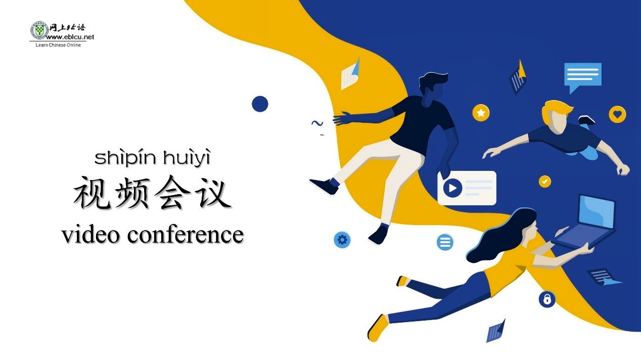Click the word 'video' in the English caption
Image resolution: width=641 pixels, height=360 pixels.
coord(90,235)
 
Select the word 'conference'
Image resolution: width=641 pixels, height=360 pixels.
coord(186,235)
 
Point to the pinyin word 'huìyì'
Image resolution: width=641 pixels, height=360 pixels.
coord(187,157)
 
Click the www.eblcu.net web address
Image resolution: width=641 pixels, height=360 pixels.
coord(70,37)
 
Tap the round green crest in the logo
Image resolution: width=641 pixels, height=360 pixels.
coord(39,30)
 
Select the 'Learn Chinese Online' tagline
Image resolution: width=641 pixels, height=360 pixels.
coord(58,45)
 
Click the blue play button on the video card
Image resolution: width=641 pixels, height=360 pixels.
coord(452,188)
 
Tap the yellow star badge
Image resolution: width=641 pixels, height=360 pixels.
coord(481,113)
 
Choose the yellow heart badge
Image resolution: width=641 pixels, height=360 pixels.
coord(617,114)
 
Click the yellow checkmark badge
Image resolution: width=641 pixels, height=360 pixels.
coord(544,182)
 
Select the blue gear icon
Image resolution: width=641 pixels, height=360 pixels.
coord(342,240)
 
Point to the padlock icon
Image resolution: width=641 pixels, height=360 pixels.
coord(547,299)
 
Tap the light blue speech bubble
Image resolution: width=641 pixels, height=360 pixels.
coord(583,75)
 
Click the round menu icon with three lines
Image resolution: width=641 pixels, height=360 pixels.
coord(445,242)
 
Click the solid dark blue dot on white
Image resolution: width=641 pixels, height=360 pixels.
coord(260,104)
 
